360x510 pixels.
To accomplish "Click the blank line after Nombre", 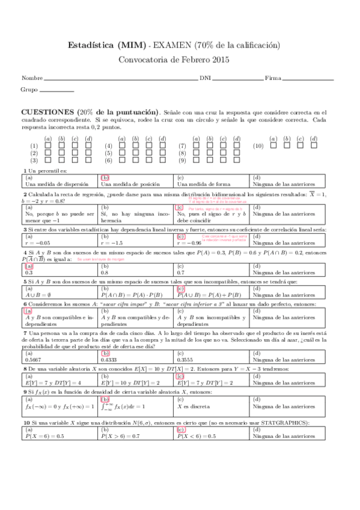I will pyautogui.click(x=121, y=79).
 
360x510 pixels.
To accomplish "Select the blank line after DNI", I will pyautogui.click(x=237, y=79).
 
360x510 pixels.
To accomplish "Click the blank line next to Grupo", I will pyautogui.click(x=56, y=90).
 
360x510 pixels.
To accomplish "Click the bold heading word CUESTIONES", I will pyautogui.click(x=47, y=112).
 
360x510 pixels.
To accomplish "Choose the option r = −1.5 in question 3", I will pyautogui.click(x=113, y=242).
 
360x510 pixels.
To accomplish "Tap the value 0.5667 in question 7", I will pyautogui.click(x=34, y=359).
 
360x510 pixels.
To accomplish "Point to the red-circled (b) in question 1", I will pyautogui.click(x=105, y=177).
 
